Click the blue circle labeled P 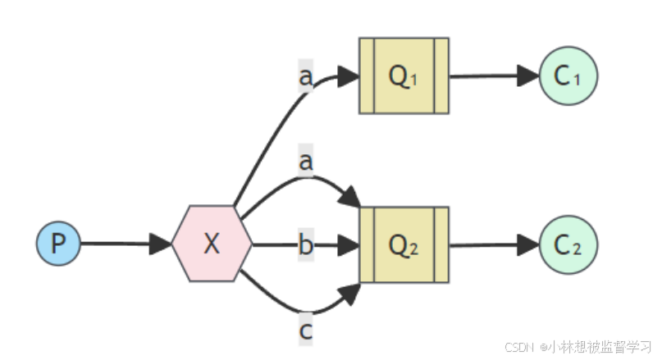(58, 244)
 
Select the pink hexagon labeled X (212, 244)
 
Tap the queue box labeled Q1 (404, 75)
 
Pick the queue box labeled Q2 (404, 244)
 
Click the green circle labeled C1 (568, 75)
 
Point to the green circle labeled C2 (568, 244)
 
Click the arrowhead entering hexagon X (162, 244)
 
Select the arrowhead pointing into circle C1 (527, 75)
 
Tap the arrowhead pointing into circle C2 (527, 244)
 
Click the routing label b (306, 244)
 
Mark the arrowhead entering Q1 (349, 76)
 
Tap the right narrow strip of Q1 (441, 75)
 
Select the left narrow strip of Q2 (367, 244)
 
